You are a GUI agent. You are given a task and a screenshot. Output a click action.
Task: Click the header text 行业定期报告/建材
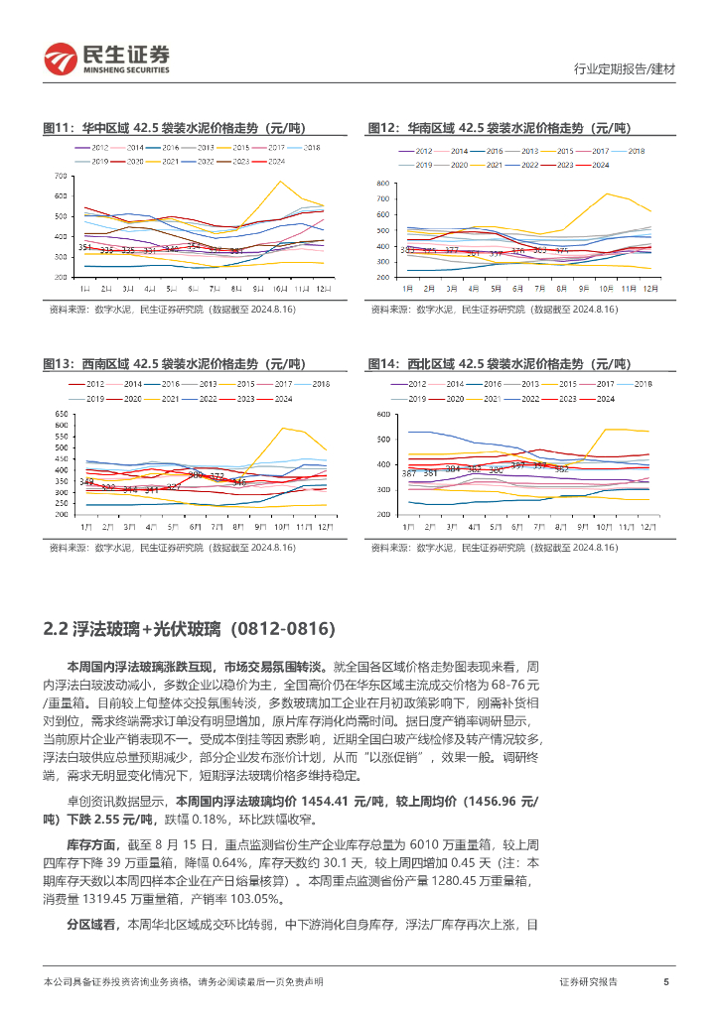tap(625, 69)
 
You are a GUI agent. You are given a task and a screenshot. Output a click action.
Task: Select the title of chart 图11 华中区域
tap(174, 128)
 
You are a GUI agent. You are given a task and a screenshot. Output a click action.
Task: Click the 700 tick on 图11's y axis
tap(61, 177)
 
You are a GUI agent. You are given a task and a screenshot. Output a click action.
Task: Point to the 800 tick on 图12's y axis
tap(383, 185)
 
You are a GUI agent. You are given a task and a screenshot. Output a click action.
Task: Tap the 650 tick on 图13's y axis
tap(61, 414)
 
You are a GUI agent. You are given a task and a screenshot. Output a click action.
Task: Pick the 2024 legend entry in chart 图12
tap(600, 165)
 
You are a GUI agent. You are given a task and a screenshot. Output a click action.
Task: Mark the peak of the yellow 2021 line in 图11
tap(280, 182)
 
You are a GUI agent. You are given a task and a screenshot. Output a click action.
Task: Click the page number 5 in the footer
tap(665, 981)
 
